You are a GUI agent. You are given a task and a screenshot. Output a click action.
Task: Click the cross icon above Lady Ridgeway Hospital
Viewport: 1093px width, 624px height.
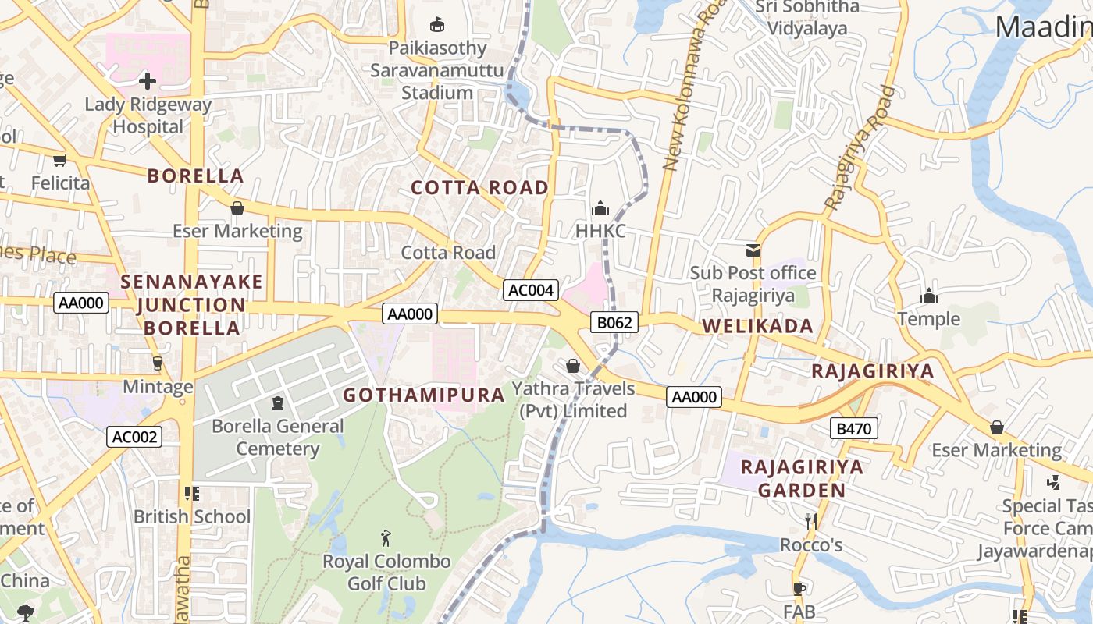(x=148, y=80)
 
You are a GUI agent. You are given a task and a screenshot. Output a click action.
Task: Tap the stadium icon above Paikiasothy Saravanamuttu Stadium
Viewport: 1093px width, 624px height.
(x=437, y=25)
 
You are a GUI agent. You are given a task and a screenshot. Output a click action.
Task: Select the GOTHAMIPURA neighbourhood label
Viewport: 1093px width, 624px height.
(x=424, y=395)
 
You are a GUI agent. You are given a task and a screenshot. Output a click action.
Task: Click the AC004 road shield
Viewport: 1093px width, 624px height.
(x=531, y=290)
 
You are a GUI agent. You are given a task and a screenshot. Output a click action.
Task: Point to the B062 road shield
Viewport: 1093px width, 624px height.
(x=614, y=322)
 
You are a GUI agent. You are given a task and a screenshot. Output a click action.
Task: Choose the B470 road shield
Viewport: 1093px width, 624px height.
(x=854, y=428)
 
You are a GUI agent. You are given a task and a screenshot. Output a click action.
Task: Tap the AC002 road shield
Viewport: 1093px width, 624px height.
(x=134, y=437)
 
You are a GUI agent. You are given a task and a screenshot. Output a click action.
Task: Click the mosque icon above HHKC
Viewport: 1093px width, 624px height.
(x=600, y=208)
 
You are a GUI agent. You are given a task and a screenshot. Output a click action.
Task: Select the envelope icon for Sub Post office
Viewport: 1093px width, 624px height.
(x=753, y=250)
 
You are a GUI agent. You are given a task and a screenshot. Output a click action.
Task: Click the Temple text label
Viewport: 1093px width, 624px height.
(x=928, y=318)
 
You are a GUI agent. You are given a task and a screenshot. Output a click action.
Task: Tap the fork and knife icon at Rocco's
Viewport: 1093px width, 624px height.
(x=811, y=521)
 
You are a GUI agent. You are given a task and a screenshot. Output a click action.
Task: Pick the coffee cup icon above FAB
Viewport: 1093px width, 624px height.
(x=799, y=588)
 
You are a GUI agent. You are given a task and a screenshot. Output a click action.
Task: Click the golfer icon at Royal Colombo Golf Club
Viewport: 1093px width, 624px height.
(x=385, y=538)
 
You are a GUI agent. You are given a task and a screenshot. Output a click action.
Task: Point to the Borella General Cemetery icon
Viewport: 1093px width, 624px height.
(x=277, y=403)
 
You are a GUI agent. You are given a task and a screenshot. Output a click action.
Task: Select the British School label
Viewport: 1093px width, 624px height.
(x=192, y=516)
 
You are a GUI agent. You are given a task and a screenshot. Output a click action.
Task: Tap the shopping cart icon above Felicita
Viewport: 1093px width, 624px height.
(x=59, y=161)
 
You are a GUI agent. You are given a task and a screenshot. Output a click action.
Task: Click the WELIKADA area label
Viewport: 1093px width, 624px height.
(x=757, y=326)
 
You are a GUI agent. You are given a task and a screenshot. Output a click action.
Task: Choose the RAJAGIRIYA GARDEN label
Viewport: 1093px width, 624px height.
(x=802, y=478)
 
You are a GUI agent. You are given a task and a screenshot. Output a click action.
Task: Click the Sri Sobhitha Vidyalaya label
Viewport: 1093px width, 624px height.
(x=806, y=18)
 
